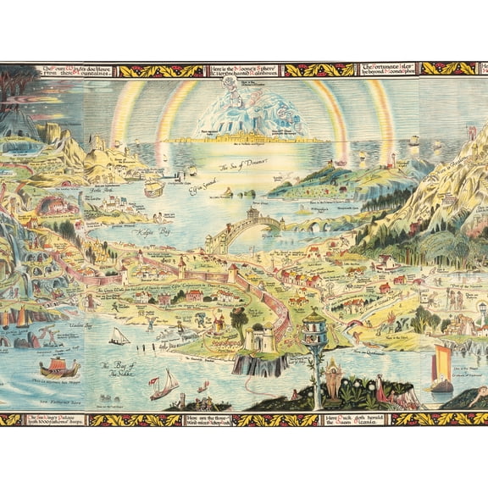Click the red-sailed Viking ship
click(59, 368)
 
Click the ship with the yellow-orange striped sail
click(440, 366)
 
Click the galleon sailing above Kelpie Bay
click(153, 187)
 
